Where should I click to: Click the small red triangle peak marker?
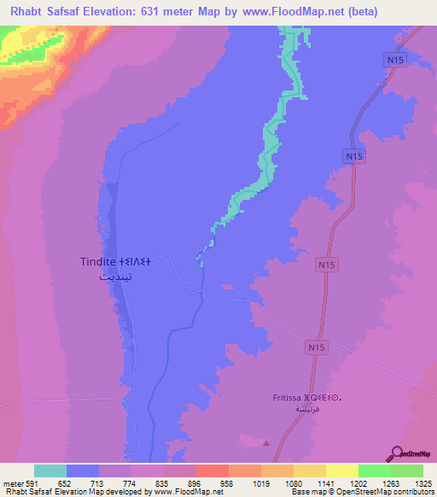click(x=266, y=441)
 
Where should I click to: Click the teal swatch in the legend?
click(x=50, y=471)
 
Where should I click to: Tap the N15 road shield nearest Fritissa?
click(x=317, y=348)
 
